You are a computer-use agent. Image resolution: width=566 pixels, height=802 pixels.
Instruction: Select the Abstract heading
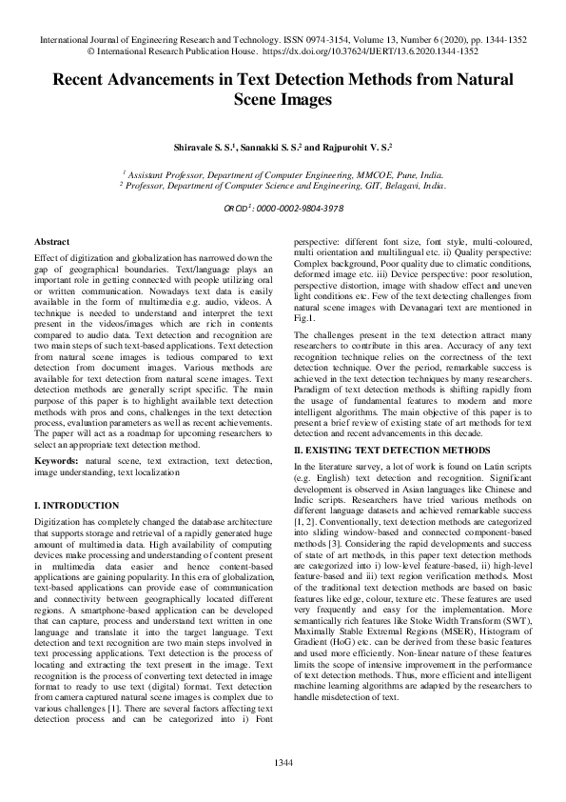click(x=50, y=244)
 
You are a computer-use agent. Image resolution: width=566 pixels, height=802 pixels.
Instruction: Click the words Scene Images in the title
click(x=283, y=98)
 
